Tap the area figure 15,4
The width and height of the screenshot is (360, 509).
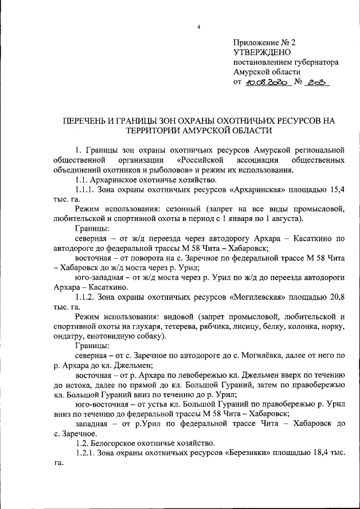click(x=335, y=190)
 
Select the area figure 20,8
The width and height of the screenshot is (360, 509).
click(x=335, y=296)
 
